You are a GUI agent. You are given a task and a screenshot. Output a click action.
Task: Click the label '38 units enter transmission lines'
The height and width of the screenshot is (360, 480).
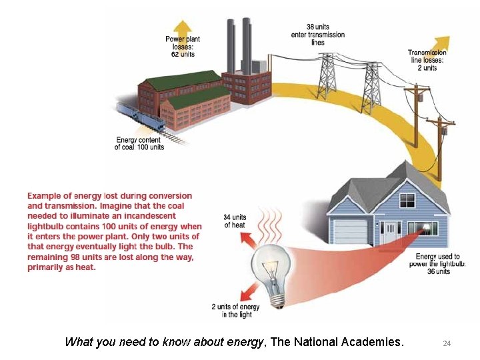coord(318,35)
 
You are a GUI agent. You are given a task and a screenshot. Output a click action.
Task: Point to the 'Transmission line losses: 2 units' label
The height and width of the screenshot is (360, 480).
coord(427,60)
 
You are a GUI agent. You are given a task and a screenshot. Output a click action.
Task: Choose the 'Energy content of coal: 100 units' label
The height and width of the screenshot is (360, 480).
coord(139,143)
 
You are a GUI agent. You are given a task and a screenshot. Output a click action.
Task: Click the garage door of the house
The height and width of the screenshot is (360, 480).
coord(351,231)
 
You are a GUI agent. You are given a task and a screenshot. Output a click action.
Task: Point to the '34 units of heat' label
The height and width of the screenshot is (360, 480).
coord(235,221)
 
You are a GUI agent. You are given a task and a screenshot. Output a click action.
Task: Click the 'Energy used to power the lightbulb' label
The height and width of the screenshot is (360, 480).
coord(438,264)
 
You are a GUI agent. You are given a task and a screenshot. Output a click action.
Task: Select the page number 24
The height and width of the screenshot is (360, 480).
coord(447,343)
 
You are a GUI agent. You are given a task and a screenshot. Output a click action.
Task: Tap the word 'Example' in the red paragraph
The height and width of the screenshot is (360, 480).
coord(49,196)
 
